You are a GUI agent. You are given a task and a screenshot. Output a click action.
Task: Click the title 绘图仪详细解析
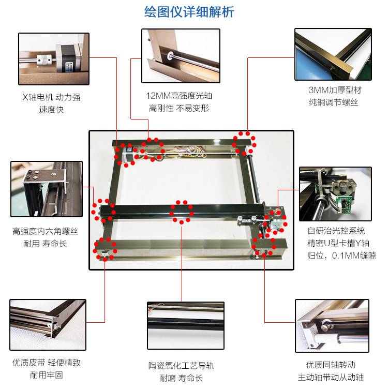click(x=189, y=12)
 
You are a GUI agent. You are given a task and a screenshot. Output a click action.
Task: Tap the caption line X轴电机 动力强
click(x=52, y=97)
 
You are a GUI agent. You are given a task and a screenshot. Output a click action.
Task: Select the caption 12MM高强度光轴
click(x=179, y=96)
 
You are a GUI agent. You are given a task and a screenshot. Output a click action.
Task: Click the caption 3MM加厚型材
click(x=335, y=90)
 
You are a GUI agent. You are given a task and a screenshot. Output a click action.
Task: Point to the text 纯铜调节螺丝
click(x=334, y=102)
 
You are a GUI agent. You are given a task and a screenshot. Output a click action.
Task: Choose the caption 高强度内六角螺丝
click(x=45, y=231)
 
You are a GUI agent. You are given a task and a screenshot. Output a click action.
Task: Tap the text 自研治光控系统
click(x=336, y=231)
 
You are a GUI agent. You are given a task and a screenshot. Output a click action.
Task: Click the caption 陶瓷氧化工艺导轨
click(x=182, y=366)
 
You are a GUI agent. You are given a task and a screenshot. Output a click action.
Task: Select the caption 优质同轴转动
click(x=331, y=365)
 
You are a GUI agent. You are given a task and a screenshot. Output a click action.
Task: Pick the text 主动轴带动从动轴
click(x=331, y=377)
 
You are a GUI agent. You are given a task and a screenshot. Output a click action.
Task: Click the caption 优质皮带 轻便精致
click(x=47, y=363)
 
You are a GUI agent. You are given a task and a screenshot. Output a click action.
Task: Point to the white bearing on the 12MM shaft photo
click(x=170, y=55)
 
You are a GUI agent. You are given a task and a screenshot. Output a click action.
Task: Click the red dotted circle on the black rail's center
click(x=182, y=213)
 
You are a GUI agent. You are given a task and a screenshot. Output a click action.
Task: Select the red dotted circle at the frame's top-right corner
click(x=244, y=144)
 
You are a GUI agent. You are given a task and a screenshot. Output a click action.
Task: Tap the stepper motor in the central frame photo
click(x=128, y=154)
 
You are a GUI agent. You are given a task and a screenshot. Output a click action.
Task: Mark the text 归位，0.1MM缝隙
click(x=341, y=256)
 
